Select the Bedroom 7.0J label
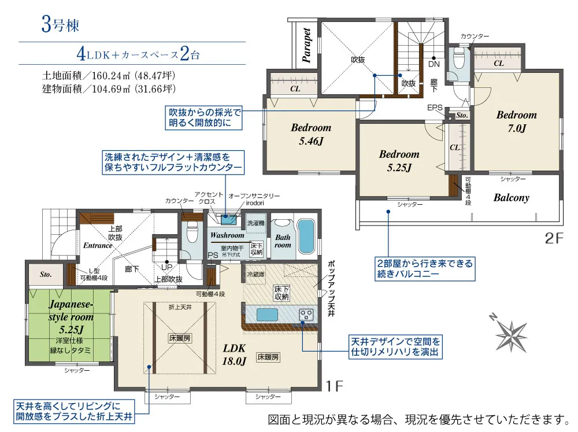coord(516,121)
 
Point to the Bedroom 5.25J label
coord(399,160)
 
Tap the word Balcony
coord(511,198)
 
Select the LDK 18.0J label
coord(235,354)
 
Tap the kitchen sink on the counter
coord(267,315)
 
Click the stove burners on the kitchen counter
coord(306,315)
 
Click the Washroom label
coord(227,235)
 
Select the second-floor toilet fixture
coord(460,58)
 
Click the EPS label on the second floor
coord(435,108)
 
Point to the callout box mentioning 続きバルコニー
coord(424,269)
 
